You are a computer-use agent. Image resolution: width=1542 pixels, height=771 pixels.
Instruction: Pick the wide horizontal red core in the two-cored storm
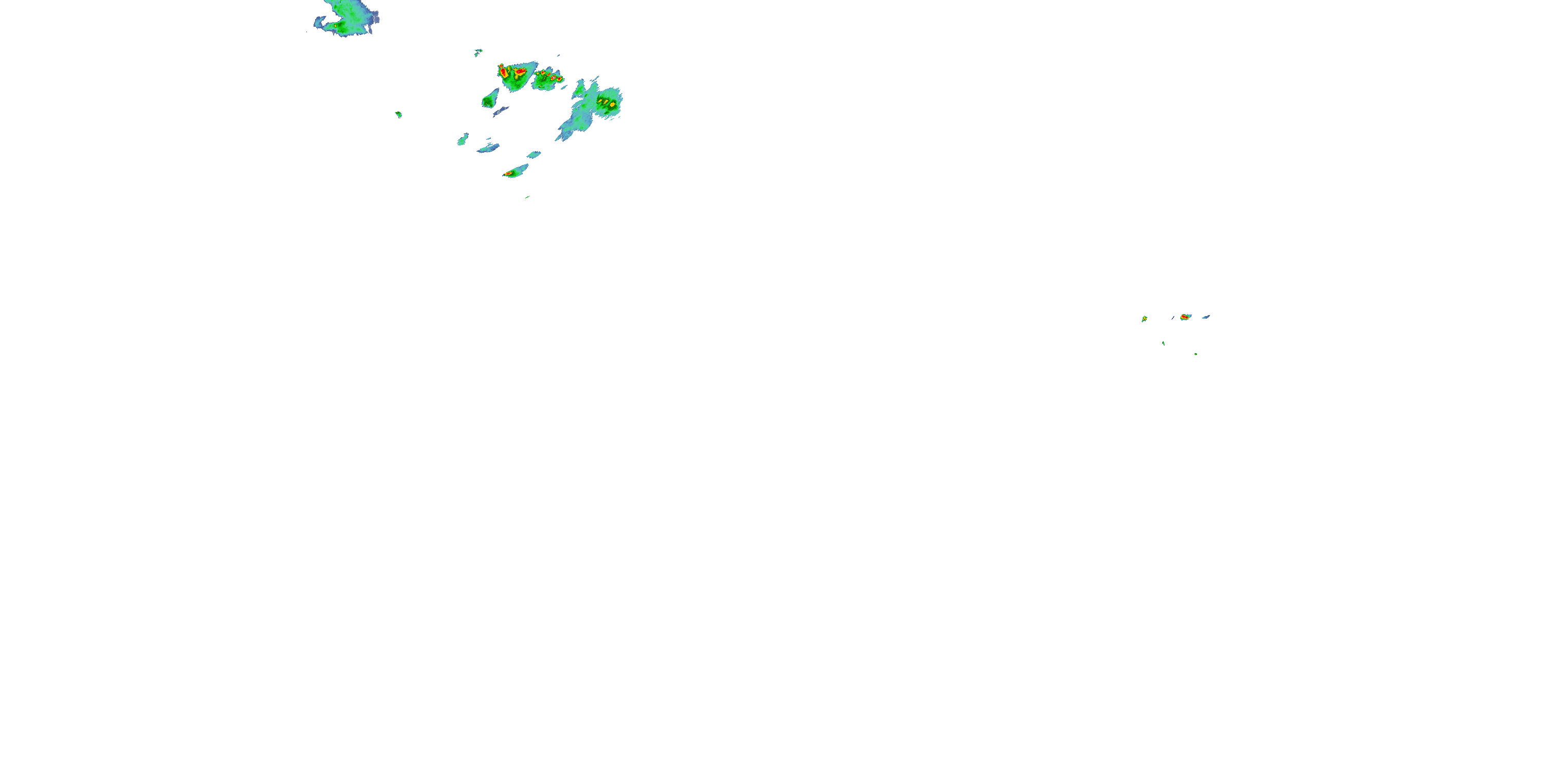[520, 72]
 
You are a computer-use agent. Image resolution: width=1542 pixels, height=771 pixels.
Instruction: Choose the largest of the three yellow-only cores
[612, 105]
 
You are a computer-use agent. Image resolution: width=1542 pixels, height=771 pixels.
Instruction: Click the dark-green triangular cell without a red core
[490, 99]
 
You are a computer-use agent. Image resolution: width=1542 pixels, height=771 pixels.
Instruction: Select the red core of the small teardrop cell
[509, 174]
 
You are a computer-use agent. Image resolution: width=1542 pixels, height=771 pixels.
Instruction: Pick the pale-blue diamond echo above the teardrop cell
[534, 154]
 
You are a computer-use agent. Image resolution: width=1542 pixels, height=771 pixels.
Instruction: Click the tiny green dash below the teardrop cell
[527, 196]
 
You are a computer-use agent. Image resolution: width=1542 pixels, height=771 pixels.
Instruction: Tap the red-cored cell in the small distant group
[1185, 317]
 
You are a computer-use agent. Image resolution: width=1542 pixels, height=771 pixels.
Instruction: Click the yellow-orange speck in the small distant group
[1144, 319]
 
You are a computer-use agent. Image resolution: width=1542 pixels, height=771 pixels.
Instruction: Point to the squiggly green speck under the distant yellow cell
[1163, 343]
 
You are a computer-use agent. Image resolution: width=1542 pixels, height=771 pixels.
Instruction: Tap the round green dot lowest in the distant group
[1196, 354]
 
